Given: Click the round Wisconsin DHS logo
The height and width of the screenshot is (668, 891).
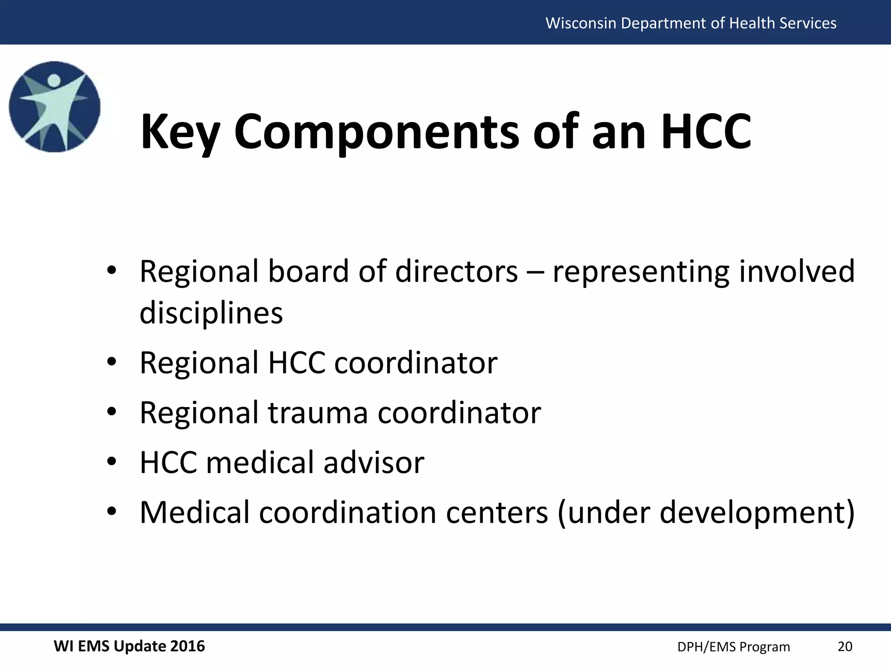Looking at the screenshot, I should pos(55,107).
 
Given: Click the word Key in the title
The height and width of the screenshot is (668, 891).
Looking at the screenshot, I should pos(180,131).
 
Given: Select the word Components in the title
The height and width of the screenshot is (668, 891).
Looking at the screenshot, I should pos(376,131).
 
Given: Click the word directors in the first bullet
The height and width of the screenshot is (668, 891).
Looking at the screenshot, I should pos(456,271).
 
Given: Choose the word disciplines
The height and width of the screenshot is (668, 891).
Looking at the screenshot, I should pos(211,313).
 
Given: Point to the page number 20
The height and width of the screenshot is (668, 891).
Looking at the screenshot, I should pos(845,647).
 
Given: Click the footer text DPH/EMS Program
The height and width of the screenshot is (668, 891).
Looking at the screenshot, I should pos(734,647).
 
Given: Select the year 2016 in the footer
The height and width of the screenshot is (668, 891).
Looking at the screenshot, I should pos(187,646).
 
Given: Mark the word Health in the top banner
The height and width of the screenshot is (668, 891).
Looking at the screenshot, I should pos(752,23).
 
